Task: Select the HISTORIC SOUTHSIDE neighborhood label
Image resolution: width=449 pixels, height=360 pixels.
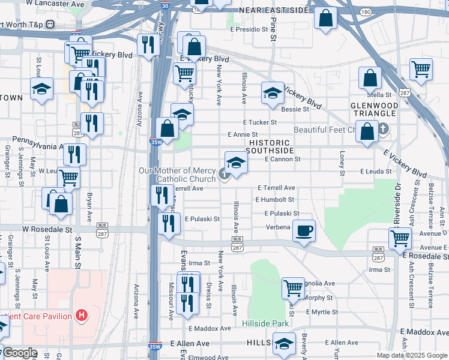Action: coord(270,146)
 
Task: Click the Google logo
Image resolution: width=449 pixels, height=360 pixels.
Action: coord(20,353)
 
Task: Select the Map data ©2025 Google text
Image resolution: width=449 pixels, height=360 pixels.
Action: coord(411,355)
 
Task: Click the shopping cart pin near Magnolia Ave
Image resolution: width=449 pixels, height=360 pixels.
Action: coord(293,288)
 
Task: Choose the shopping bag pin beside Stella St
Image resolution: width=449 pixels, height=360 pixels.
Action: coord(370,77)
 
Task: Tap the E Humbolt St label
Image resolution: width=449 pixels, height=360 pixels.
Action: coord(274,199)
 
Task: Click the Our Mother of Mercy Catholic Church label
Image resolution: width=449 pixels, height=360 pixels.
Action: coord(187,175)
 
